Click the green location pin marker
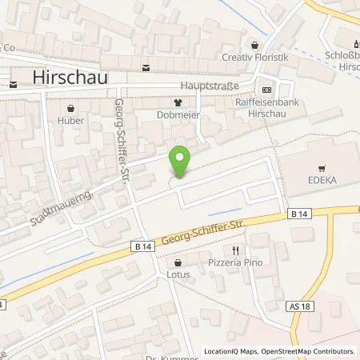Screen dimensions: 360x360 [x=181, y=162]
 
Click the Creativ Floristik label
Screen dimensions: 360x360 [x=255, y=58]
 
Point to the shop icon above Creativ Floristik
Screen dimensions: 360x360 [x=255, y=45]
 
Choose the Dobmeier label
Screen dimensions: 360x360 [x=178, y=115]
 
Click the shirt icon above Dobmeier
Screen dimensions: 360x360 [x=178, y=102]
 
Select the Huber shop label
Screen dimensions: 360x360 [x=71, y=121]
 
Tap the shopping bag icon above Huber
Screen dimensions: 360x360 [x=71, y=107]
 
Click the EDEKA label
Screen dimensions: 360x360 [x=322, y=182]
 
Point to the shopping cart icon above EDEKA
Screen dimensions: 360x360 [x=322, y=168]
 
